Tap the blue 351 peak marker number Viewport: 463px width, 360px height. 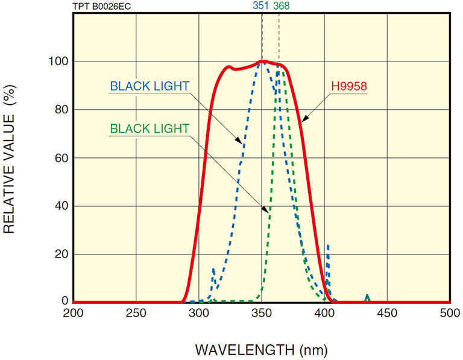pyautogui.click(x=260, y=6)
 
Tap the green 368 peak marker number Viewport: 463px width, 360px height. pyautogui.click(x=281, y=6)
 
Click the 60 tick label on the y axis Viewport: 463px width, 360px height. pyautogui.click(x=60, y=158)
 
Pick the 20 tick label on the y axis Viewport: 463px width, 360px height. pyautogui.click(x=60, y=254)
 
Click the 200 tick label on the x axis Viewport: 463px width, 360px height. pyautogui.click(x=73, y=312)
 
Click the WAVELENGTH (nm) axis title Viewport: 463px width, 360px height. pyautogui.click(x=262, y=349)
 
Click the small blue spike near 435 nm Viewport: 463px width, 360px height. pyautogui.click(x=368, y=297)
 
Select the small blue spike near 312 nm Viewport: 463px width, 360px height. pyautogui.click(x=213, y=274)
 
